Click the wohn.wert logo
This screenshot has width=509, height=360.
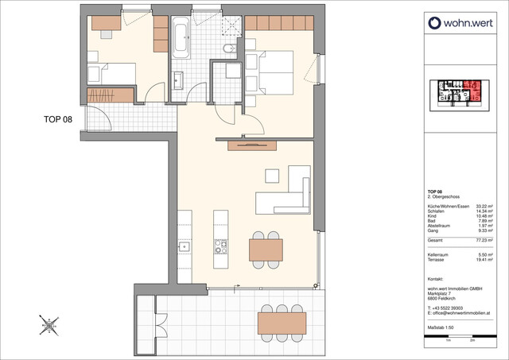[459, 23]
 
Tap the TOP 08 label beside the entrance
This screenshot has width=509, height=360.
[58, 120]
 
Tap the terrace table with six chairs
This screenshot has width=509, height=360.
[281, 322]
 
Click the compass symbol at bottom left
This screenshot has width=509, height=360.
[50, 323]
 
